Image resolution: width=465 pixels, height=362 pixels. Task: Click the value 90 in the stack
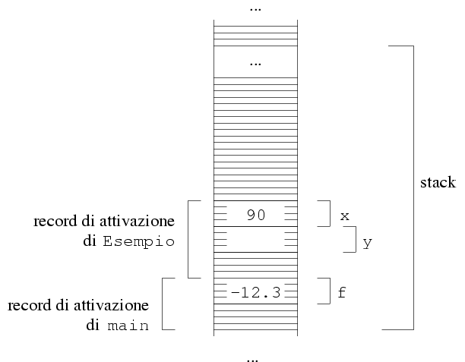255,215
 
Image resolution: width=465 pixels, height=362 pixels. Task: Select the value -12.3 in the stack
255,292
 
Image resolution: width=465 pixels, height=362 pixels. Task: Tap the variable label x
345,216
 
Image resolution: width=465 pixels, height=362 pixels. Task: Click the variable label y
368,243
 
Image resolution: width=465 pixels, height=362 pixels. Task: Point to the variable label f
342,293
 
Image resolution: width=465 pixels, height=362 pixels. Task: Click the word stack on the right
438,182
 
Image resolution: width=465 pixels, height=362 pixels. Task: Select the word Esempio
139,242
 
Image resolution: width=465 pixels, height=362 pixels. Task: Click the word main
128,326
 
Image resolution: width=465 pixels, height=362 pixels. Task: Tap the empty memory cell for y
255,239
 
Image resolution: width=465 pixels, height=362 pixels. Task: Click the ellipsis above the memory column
255,9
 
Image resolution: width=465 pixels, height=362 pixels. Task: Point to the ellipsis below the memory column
252,360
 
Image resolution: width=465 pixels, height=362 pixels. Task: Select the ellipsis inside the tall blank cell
255,65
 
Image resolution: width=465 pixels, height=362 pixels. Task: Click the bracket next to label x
324,213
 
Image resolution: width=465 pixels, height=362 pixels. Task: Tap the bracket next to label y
350,239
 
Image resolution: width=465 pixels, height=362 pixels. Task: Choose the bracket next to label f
324,291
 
